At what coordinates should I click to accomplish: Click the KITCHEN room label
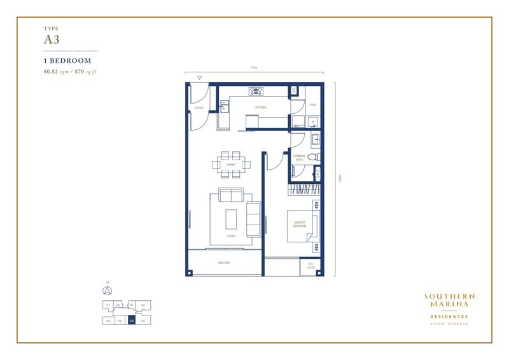click(x=260, y=107)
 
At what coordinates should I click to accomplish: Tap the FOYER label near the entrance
click(x=199, y=109)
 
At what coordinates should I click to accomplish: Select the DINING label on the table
click(x=231, y=165)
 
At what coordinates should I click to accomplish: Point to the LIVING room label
click(x=230, y=236)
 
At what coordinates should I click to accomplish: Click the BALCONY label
click(x=224, y=263)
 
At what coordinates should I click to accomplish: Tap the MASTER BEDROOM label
click(x=300, y=225)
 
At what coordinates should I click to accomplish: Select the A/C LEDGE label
click(x=311, y=265)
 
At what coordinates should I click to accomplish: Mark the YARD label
click(x=312, y=104)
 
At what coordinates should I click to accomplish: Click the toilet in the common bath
click(x=312, y=157)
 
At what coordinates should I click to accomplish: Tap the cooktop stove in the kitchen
click(x=257, y=90)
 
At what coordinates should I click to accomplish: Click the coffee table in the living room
click(x=230, y=219)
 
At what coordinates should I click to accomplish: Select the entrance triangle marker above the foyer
click(x=200, y=78)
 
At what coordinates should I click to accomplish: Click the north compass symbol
click(x=108, y=291)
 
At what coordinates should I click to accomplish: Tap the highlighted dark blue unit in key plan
click(x=131, y=321)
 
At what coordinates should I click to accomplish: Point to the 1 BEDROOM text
click(x=67, y=60)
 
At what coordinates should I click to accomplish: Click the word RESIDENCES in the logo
click(x=449, y=316)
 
